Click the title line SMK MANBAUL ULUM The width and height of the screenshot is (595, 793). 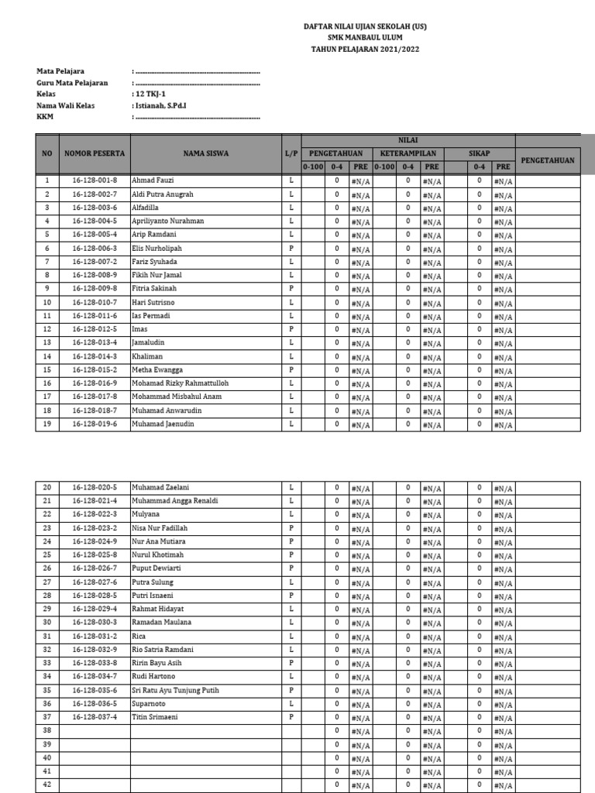tap(365, 36)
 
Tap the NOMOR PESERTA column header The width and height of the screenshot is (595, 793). tap(95, 153)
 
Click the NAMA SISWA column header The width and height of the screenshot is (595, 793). tap(205, 153)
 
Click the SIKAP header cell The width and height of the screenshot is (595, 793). tap(480, 153)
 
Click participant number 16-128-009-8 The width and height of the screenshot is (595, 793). tap(95, 288)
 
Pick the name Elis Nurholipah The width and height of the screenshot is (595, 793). tap(157, 248)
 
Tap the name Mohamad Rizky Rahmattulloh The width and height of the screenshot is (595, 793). tap(181, 383)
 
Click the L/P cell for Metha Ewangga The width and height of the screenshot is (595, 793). tap(291, 369)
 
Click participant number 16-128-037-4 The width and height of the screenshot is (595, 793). tap(95, 716)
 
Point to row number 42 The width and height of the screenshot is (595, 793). tap(46, 784)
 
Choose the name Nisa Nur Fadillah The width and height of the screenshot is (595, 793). tap(160, 527)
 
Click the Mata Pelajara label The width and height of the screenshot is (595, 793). tap(60, 71)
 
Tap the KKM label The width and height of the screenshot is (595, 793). tap(44, 117)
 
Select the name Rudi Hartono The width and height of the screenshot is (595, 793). tap(154, 676)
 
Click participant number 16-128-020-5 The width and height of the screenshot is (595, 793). tap(95, 487)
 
